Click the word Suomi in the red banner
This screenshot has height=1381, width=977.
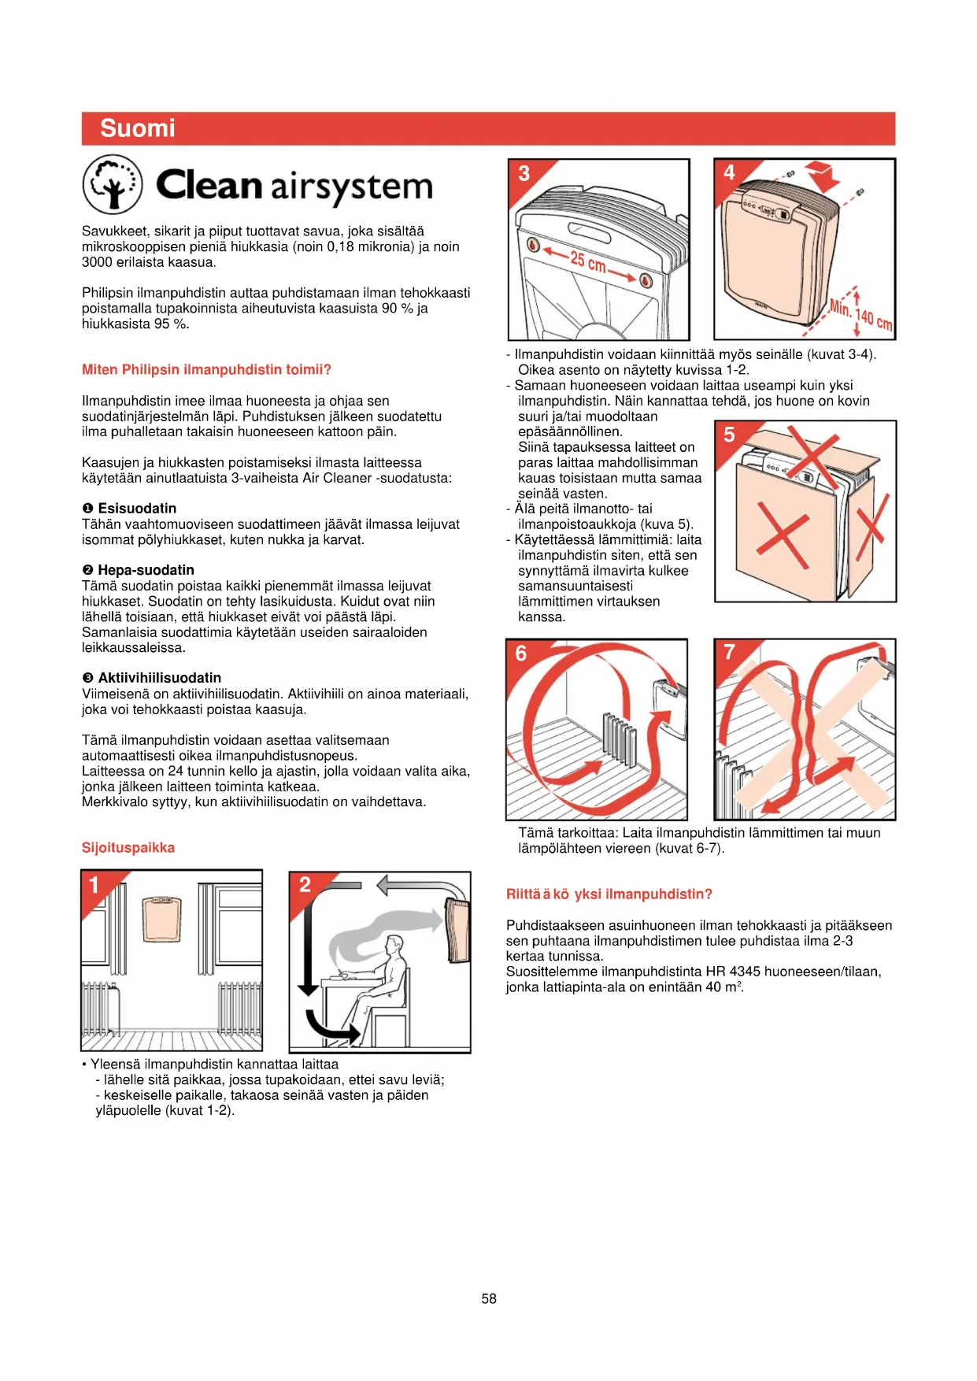(x=138, y=128)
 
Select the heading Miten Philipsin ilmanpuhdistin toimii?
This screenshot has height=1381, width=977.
(x=206, y=369)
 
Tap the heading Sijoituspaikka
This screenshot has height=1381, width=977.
(x=128, y=847)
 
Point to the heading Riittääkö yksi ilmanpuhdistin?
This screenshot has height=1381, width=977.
(x=609, y=894)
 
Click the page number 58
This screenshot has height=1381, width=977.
(x=489, y=1298)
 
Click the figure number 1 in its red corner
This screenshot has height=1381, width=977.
(x=94, y=885)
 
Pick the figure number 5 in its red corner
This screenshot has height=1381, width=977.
(x=729, y=434)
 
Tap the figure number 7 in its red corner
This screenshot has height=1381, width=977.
(x=729, y=652)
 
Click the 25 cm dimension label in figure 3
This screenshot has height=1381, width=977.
(x=588, y=262)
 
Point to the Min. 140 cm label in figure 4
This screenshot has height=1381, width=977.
(x=861, y=313)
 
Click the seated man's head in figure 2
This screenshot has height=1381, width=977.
(x=394, y=944)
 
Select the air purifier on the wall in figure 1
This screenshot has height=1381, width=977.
(x=162, y=919)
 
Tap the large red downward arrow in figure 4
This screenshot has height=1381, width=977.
(x=822, y=176)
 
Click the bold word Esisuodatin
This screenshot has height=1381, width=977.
(x=137, y=509)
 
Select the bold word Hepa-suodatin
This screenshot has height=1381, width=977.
(x=146, y=570)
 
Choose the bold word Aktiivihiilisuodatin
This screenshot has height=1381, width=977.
(x=159, y=678)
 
